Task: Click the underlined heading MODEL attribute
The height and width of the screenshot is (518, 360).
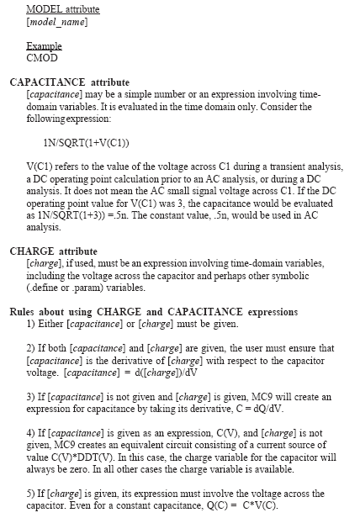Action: (x=63, y=9)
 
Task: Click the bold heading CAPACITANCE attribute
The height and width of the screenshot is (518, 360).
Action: (x=70, y=82)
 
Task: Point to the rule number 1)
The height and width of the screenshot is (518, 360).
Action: (x=32, y=323)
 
